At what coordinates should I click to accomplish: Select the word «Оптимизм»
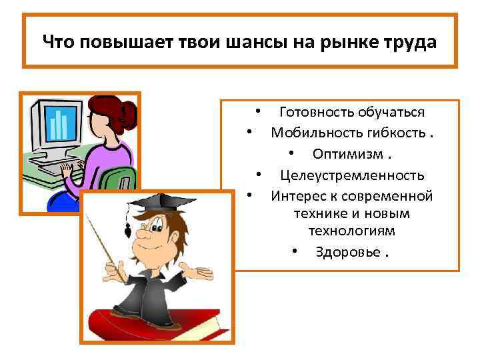point(347,154)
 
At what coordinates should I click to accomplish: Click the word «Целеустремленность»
point(352,175)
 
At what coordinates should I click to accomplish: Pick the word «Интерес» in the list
point(297,196)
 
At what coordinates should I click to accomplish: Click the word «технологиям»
point(351,231)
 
